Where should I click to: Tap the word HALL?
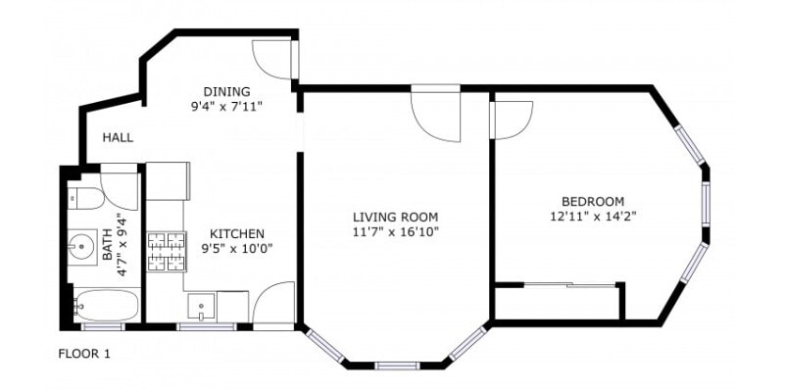point(118,138)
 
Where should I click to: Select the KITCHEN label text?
point(236,233)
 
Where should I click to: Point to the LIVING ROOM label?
point(395,217)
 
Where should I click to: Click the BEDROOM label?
point(587,201)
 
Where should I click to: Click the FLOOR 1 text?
point(83,354)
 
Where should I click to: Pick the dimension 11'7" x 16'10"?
point(395,232)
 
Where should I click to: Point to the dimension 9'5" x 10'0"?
point(236,249)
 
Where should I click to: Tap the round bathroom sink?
point(80,244)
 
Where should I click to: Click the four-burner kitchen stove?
point(165,251)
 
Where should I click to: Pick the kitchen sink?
point(201,306)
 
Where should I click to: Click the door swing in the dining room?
point(271,59)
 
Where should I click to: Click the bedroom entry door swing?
point(510,119)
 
